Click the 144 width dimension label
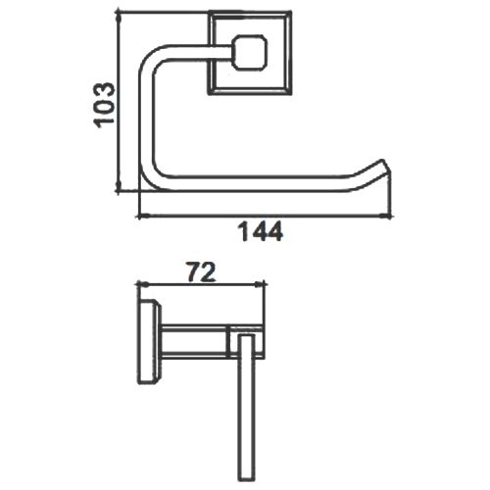[x=260, y=231]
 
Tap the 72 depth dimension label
[x=202, y=271]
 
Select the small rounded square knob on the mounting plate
[x=249, y=53]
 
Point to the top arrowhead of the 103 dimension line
[x=119, y=16]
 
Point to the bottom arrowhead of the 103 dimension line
[x=119, y=187]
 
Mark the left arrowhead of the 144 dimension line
[x=144, y=216]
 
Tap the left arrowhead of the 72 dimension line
[x=143, y=285]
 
